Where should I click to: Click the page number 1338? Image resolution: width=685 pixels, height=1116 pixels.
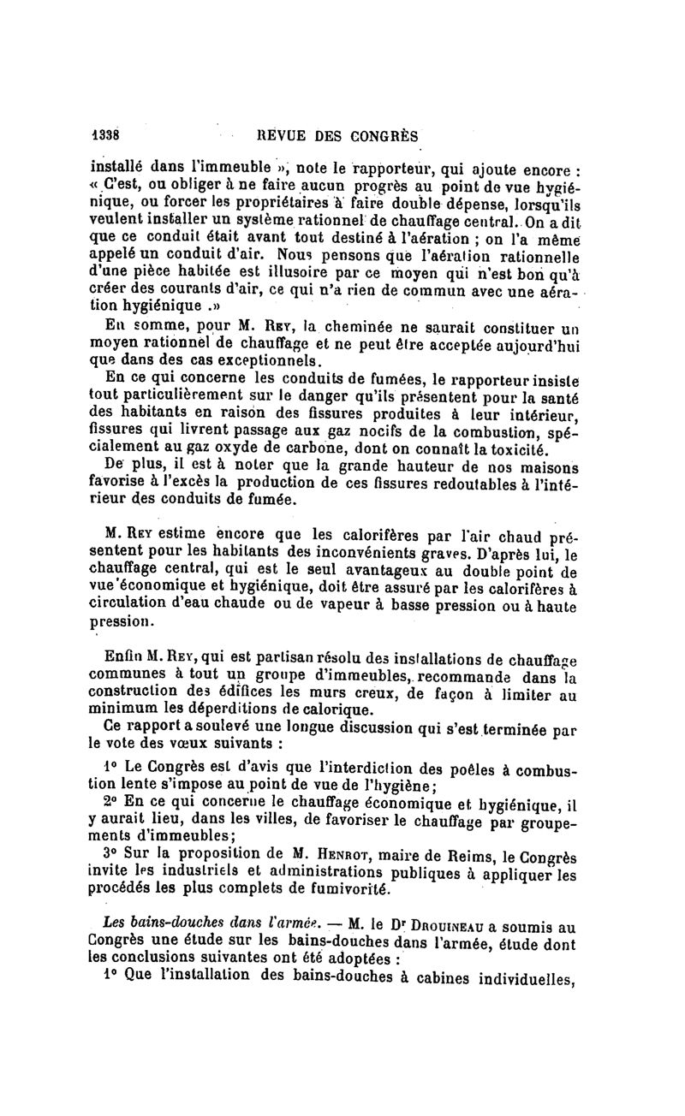[104, 135]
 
